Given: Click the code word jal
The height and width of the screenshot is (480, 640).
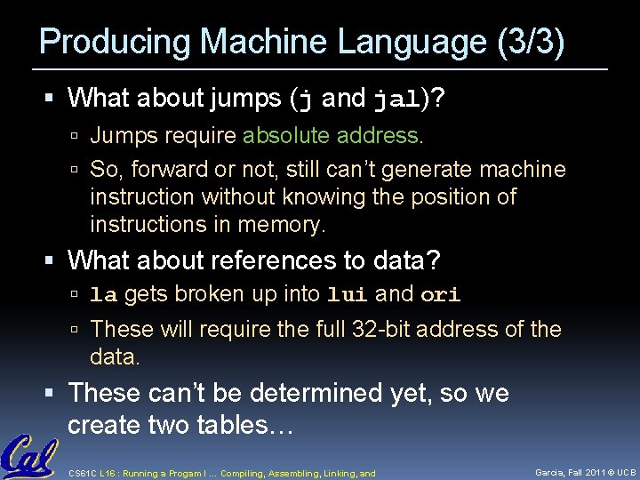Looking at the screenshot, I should (394, 99).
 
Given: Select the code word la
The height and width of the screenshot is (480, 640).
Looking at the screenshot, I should (103, 295).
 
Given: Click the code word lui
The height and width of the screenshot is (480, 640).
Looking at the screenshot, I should (348, 295).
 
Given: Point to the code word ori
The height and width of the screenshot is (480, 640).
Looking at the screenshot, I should (440, 295).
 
